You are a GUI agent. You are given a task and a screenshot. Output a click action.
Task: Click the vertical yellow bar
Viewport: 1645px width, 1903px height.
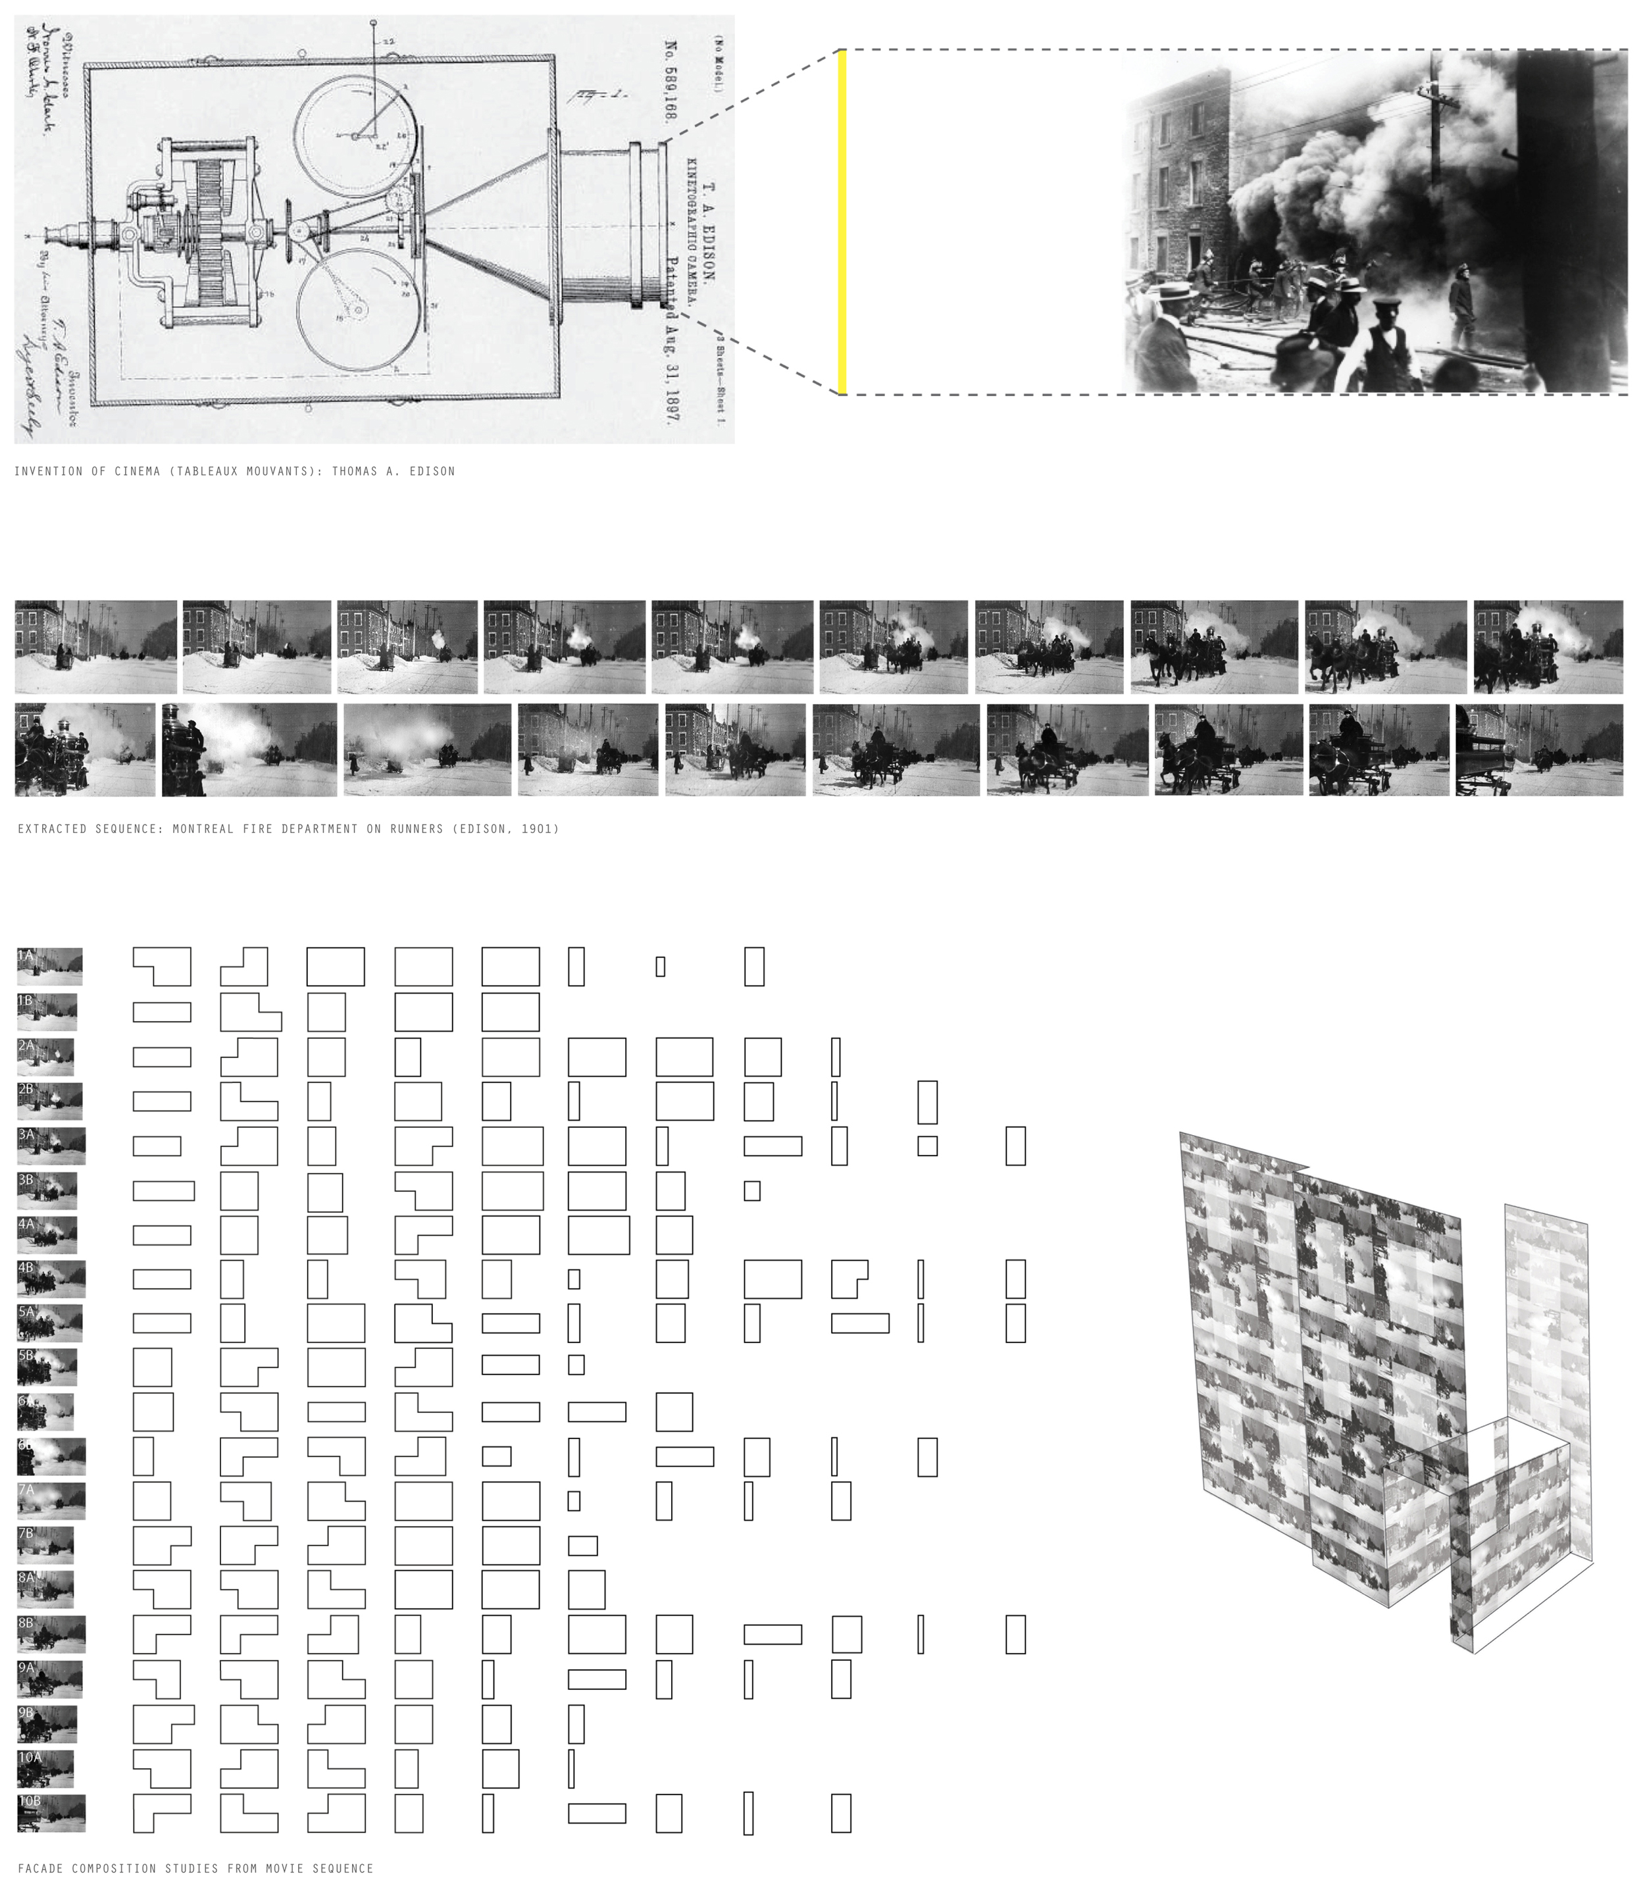(x=842, y=222)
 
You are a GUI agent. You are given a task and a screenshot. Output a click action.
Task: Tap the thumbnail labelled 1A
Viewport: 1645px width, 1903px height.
(x=49, y=966)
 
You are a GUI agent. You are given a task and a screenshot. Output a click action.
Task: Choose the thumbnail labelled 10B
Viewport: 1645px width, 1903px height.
(x=51, y=1813)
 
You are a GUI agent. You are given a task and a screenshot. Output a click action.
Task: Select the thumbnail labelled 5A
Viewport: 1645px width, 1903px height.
(x=49, y=1323)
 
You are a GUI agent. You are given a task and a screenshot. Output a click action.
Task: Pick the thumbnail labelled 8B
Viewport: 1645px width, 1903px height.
(x=51, y=1635)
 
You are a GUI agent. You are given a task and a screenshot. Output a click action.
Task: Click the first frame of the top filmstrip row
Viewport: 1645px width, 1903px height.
(x=95, y=647)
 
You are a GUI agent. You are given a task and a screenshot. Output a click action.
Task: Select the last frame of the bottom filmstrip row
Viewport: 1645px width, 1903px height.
(x=1538, y=749)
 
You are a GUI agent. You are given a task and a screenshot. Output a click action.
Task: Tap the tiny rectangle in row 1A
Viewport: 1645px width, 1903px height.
(x=661, y=966)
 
